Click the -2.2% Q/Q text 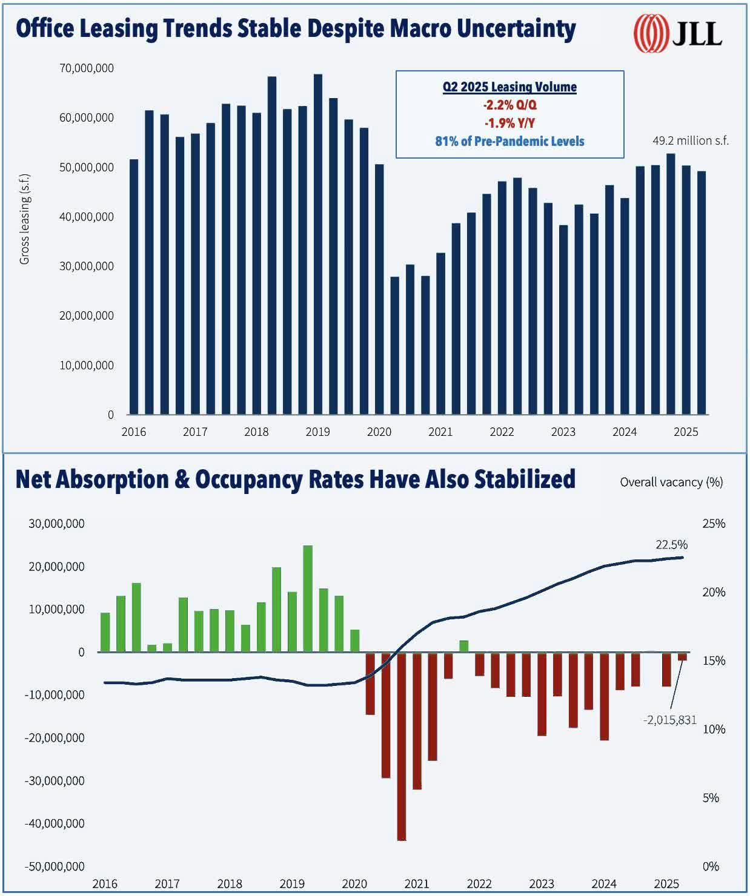point(509,105)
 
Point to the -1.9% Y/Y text point(509,123)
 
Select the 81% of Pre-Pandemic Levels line point(509,142)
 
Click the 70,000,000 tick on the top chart point(87,68)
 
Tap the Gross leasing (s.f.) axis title point(24,219)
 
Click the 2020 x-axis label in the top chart point(379,432)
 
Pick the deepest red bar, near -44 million point(401,746)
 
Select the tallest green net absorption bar point(307,598)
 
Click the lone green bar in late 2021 point(463,646)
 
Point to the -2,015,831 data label point(669,720)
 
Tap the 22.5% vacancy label point(671,545)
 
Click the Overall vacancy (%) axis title point(671,482)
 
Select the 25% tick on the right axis point(713,524)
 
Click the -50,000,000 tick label point(55,866)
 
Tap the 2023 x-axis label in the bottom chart point(541,883)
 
